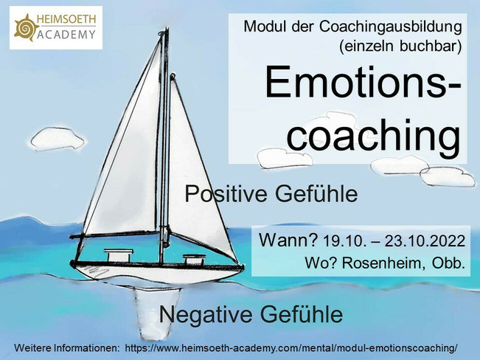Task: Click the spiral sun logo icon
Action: coord(26,27)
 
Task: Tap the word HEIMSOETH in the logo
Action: coord(66,19)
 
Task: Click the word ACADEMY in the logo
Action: coord(66,35)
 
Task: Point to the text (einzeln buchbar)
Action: coord(400,46)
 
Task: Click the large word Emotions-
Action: coord(363,82)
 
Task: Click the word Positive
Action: coord(226,193)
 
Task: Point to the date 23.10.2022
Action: coord(425,241)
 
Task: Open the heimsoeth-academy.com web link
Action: coord(291,348)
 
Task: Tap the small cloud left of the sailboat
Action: coord(58,139)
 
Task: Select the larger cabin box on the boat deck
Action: coord(119,255)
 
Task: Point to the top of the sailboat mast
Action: coord(167,29)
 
